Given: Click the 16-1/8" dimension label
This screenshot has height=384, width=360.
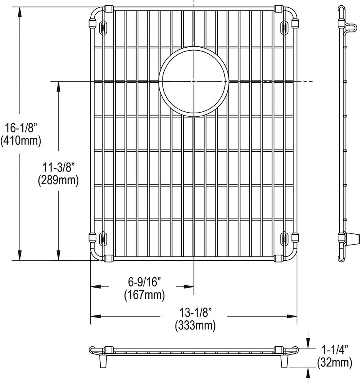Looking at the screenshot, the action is [x=21, y=128].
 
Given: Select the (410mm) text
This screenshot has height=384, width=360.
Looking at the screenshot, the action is [x=21, y=141].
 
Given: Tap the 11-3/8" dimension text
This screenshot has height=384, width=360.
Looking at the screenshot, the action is [x=58, y=168].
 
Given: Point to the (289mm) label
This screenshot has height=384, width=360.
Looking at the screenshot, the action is [x=58, y=180].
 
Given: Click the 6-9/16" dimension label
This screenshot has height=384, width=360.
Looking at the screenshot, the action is [x=144, y=282].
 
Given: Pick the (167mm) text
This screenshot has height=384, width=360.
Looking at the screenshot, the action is [x=144, y=295].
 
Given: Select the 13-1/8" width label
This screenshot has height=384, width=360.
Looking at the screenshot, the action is [x=195, y=313].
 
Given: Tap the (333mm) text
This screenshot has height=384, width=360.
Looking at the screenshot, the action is [x=195, y=326].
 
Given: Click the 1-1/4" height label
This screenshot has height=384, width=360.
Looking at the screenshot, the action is [x=335, y=350].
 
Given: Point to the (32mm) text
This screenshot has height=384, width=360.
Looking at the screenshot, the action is [x=335, y=362].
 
